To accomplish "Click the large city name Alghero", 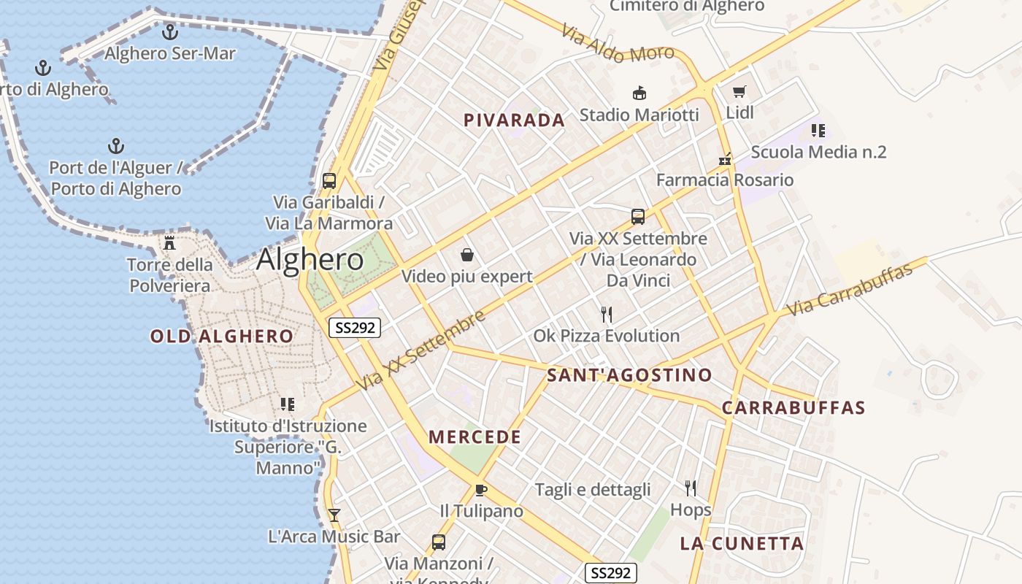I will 310,260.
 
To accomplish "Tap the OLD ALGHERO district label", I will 222,337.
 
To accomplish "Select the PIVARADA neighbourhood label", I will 515,120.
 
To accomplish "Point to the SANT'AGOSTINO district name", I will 629,375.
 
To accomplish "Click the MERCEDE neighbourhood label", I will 474,437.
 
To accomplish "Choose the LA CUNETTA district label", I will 742,543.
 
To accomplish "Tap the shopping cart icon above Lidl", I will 739,92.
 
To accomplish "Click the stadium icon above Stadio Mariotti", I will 639,93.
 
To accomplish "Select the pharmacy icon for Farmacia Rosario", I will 725,159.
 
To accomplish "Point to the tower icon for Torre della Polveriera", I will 170,242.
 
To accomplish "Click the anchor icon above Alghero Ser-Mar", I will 170,32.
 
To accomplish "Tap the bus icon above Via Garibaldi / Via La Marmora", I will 329,180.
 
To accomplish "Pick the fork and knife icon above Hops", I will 691,488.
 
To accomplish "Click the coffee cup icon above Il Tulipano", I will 480,490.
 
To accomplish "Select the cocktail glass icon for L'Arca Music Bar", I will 334,515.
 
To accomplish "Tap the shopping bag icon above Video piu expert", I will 467,255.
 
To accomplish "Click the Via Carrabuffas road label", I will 851,290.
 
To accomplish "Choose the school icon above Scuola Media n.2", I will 818,131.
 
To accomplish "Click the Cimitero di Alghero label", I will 687,6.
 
